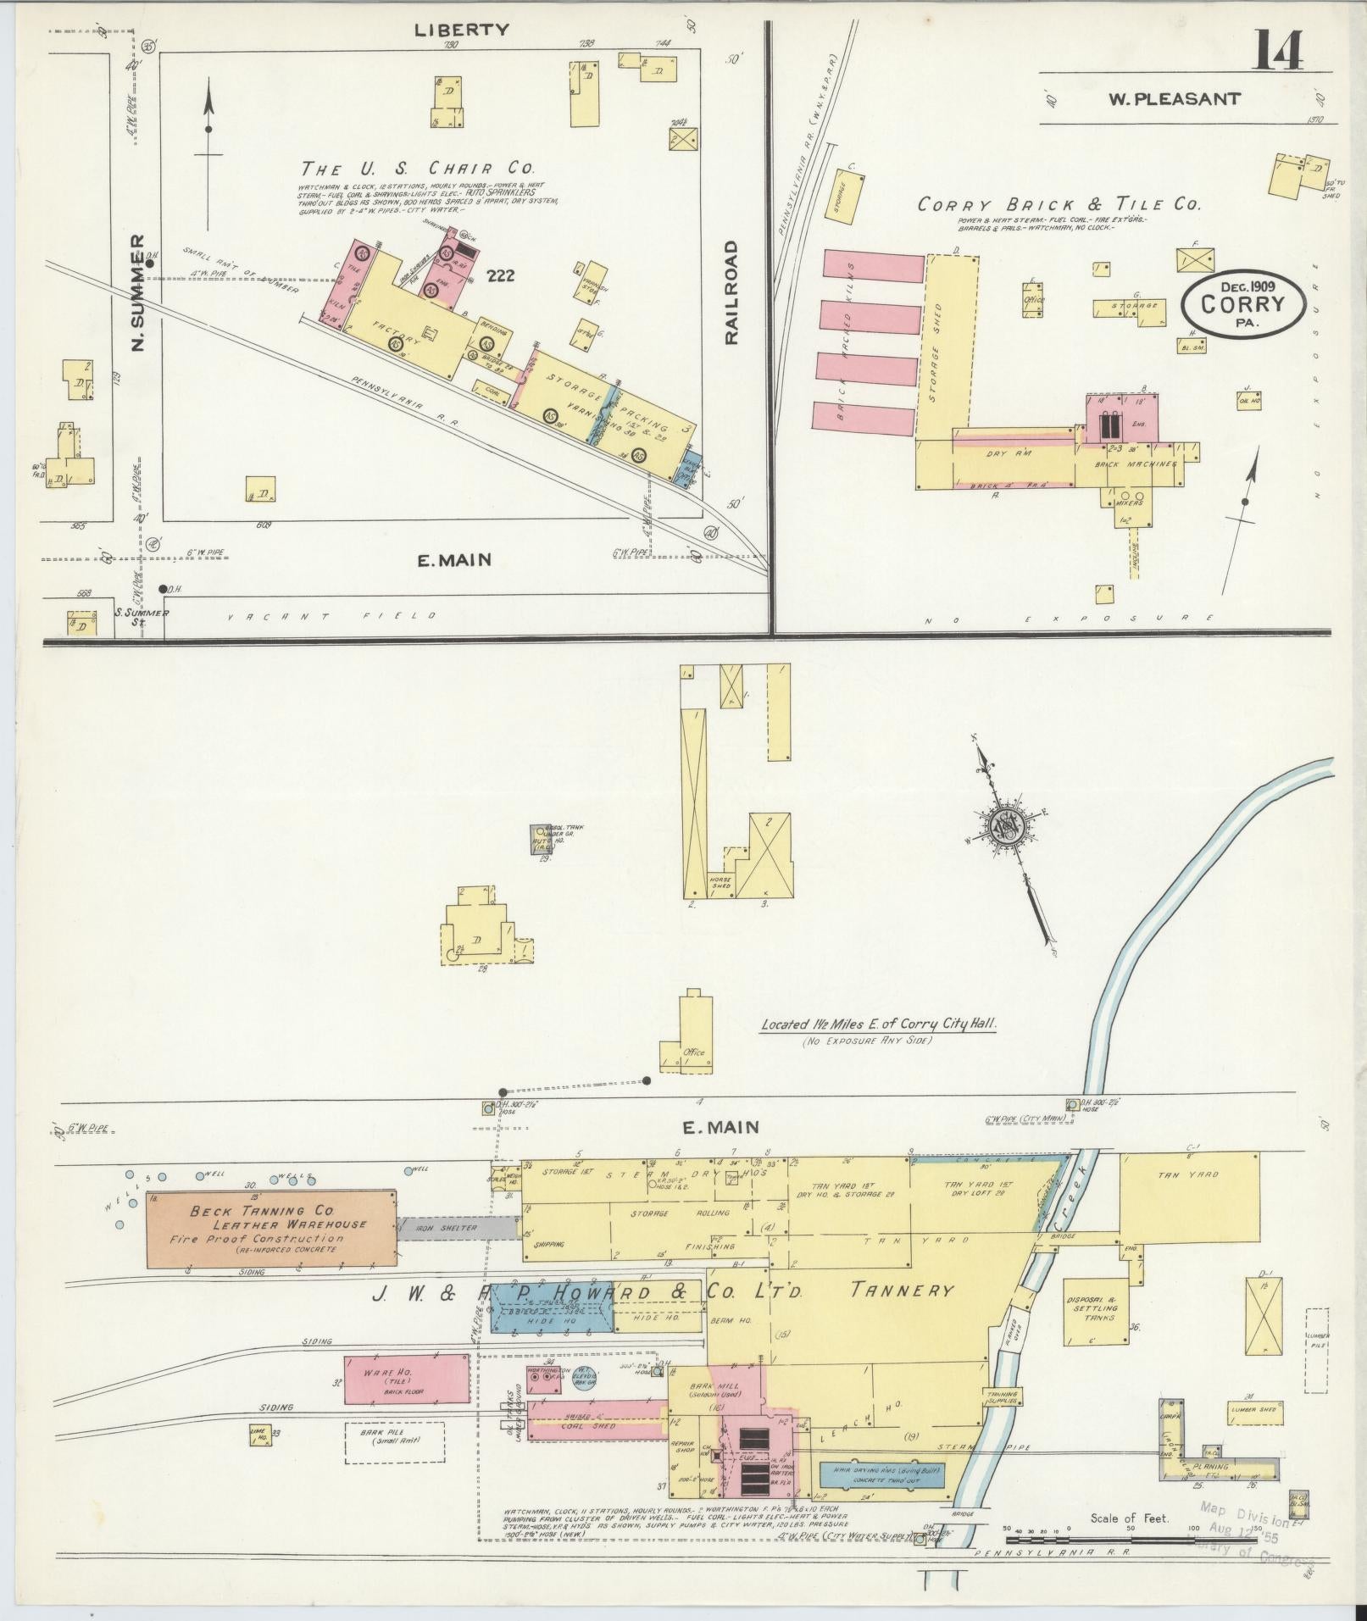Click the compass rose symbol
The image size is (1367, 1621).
click(1009, 824)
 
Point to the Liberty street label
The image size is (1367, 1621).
click(462, 30)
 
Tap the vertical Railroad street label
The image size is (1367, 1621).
click(731, 292)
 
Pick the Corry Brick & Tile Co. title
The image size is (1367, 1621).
click(1059, 205)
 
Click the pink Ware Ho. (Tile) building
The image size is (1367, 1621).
click(407, 1380)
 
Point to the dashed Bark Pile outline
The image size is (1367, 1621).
click(395, 1441)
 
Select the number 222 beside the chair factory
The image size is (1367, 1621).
click(501, 276)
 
